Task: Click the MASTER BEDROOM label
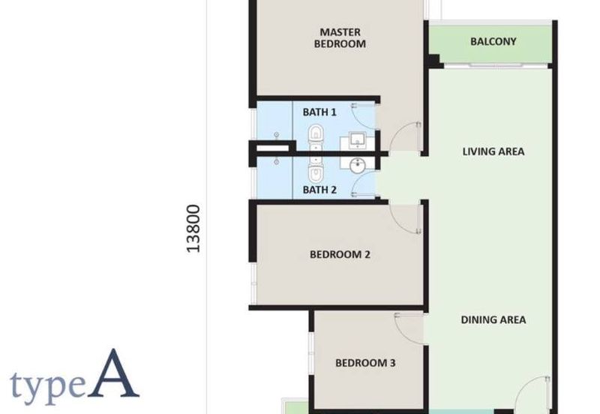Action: tap(342, 37)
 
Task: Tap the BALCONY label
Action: tap(493, 41)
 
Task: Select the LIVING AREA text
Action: tap(493, 151)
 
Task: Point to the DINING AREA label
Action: tap(493, 319)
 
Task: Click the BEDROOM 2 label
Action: tap(340, 254)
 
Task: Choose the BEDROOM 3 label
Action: tap(364, 363)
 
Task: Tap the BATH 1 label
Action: tap(319, 112)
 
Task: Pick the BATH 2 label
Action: tap(319, 190)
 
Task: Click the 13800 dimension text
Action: tap(194, 229)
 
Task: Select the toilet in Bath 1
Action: tap(316, 136)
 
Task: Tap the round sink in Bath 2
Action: tap(358, 164)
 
